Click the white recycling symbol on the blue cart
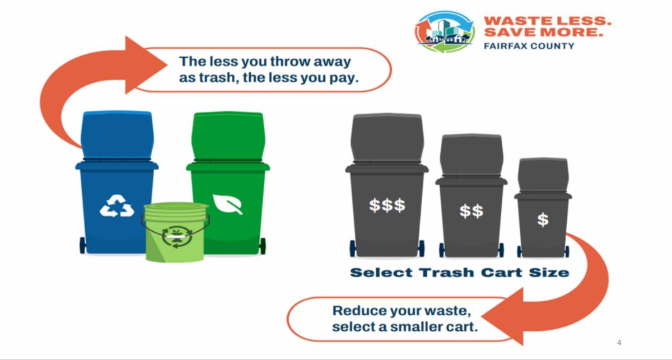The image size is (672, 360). (117, 206)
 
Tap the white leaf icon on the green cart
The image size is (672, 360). (228, 204)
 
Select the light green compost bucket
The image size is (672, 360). (175, 232)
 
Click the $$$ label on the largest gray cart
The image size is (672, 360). (387, 205)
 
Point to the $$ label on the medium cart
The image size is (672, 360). (472, 211)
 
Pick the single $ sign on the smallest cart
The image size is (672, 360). (543, 219)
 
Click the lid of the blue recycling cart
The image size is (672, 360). (117, 135)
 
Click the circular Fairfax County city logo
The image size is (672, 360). (445, 31)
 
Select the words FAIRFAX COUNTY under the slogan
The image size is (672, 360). (529, 46)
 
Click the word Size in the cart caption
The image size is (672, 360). (549, 273)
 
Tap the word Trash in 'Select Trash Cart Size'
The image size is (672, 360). (447, 273)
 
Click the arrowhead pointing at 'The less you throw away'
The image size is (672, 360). (146, 65)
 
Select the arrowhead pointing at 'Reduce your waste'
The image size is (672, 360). (502, 316)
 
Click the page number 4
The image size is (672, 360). (619, 342)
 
